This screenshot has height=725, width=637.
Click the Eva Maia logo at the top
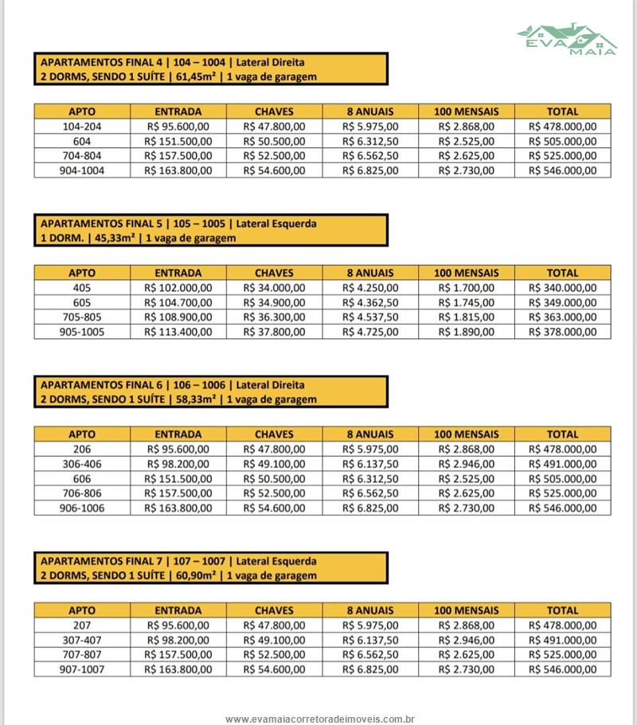[x=566, y=38]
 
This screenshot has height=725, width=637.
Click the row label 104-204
[x=82, y=127]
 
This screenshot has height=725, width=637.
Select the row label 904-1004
[x=82, y=170]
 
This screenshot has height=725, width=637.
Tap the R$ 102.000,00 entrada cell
[x=178, y=287]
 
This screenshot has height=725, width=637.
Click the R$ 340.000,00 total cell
[x=562, y=287]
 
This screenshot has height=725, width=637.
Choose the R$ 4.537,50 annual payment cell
[x=370, y=317]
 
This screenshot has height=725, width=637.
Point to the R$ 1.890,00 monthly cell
[x=466, y=332]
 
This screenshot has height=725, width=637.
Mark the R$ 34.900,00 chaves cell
[x=274, y=302]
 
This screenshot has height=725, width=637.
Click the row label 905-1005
[x=82, y=332]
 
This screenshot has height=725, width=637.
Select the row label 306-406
[x=82, y=464]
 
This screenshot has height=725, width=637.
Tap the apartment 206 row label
[x=82, y=449]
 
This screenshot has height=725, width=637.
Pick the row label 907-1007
[x=82, y=669]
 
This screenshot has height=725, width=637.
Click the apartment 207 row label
[x=82, y=626]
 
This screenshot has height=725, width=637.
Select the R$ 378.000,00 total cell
[x=562, y=332]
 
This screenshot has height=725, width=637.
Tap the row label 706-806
[x=82, y=493]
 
